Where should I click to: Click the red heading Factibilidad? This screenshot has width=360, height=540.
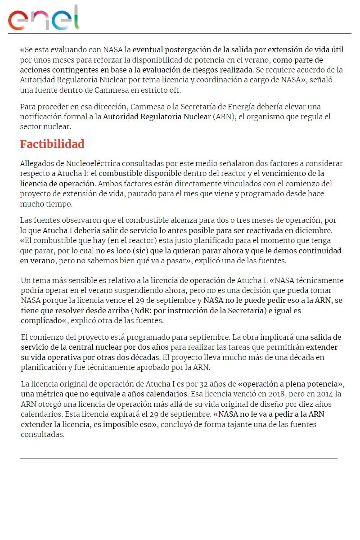52,144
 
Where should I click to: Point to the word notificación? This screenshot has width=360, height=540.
42,117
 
